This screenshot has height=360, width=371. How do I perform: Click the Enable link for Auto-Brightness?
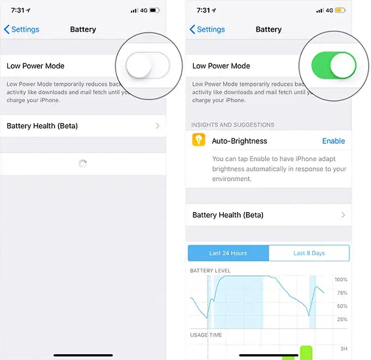(x=333, y=141)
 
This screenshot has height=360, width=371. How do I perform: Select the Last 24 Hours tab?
(x=228, y=253)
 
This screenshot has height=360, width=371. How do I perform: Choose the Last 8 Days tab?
(x=309, y=253)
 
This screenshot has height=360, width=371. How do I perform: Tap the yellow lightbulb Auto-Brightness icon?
(x=198, y=141)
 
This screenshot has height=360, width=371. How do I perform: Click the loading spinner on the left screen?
(x=82, y=164)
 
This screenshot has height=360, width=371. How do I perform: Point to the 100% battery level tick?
(x=341, y=279)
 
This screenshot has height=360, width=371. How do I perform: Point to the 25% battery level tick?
(x=341, y=319)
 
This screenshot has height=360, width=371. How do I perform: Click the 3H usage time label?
(x=344, y=348)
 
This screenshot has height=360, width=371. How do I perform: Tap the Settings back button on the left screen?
(x=22, y=29)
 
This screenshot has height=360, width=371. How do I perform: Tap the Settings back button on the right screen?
(x=207, y=29)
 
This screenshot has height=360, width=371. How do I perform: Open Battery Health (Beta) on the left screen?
(x=82, y=126)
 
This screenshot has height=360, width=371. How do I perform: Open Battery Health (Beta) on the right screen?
(x=268, y=215)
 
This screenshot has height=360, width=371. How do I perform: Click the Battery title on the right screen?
(x=268, y=29)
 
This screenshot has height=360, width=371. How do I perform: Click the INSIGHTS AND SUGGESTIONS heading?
(x=232, y=124)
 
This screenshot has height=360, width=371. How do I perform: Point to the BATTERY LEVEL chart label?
(x=210, y=270)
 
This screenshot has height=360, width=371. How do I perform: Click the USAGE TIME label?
(x=205, y=335)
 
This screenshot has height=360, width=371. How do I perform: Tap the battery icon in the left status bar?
(x=156, y=10)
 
